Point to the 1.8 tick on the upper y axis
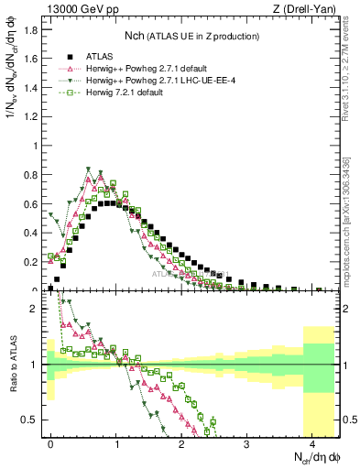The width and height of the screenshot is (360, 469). [35, 29]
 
